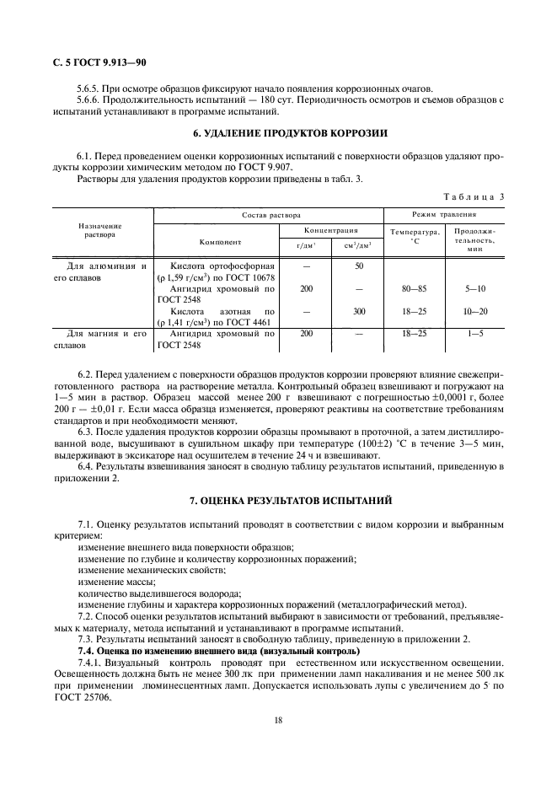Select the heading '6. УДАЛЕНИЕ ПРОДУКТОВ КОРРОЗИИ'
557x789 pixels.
click(278, 133)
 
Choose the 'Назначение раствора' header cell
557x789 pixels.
click(99, 231)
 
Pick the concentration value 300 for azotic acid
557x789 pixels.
click(359, 311)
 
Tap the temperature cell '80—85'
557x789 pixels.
click(412, 288)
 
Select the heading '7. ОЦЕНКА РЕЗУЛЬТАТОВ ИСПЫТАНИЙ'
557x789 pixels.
click(278, 501)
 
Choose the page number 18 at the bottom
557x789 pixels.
click(278, 721)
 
